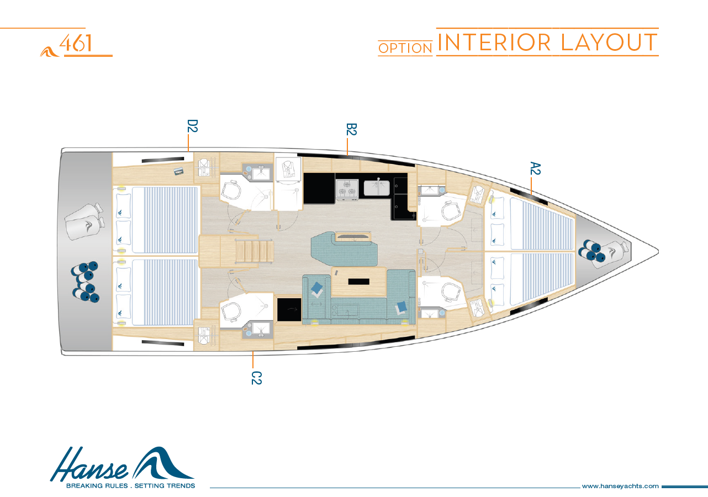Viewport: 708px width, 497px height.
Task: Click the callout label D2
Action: [192, 126]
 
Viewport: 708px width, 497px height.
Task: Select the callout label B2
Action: [351, 129]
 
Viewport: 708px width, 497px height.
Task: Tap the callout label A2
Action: [535, 168]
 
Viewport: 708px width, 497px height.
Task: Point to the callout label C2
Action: [256, 378]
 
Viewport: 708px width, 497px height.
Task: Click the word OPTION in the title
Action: [405, 49]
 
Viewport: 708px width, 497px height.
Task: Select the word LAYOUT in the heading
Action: [610, 43]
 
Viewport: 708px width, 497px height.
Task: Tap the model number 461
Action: [76, 43]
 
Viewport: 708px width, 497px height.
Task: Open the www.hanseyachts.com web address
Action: [620, 486]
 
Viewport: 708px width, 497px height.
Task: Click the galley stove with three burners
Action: [347, 188]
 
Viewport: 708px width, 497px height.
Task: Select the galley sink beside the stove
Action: [377, 187]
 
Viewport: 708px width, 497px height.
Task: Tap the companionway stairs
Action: [254, 251]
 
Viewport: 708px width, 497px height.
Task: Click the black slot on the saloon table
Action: [359, 282]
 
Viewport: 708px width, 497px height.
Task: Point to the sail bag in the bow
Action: [612, 255]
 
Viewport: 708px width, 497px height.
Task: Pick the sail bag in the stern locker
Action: [84, 221]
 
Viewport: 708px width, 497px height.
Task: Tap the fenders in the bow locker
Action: [590, 251]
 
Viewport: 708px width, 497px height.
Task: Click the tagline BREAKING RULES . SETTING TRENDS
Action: [130, 485]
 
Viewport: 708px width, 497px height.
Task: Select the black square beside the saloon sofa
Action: [289, 310]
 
